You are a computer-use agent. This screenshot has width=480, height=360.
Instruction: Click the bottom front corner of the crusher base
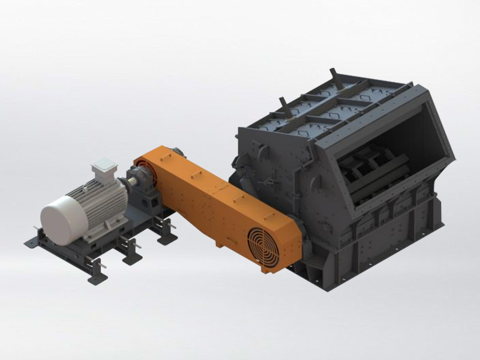tap(354, 282)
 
